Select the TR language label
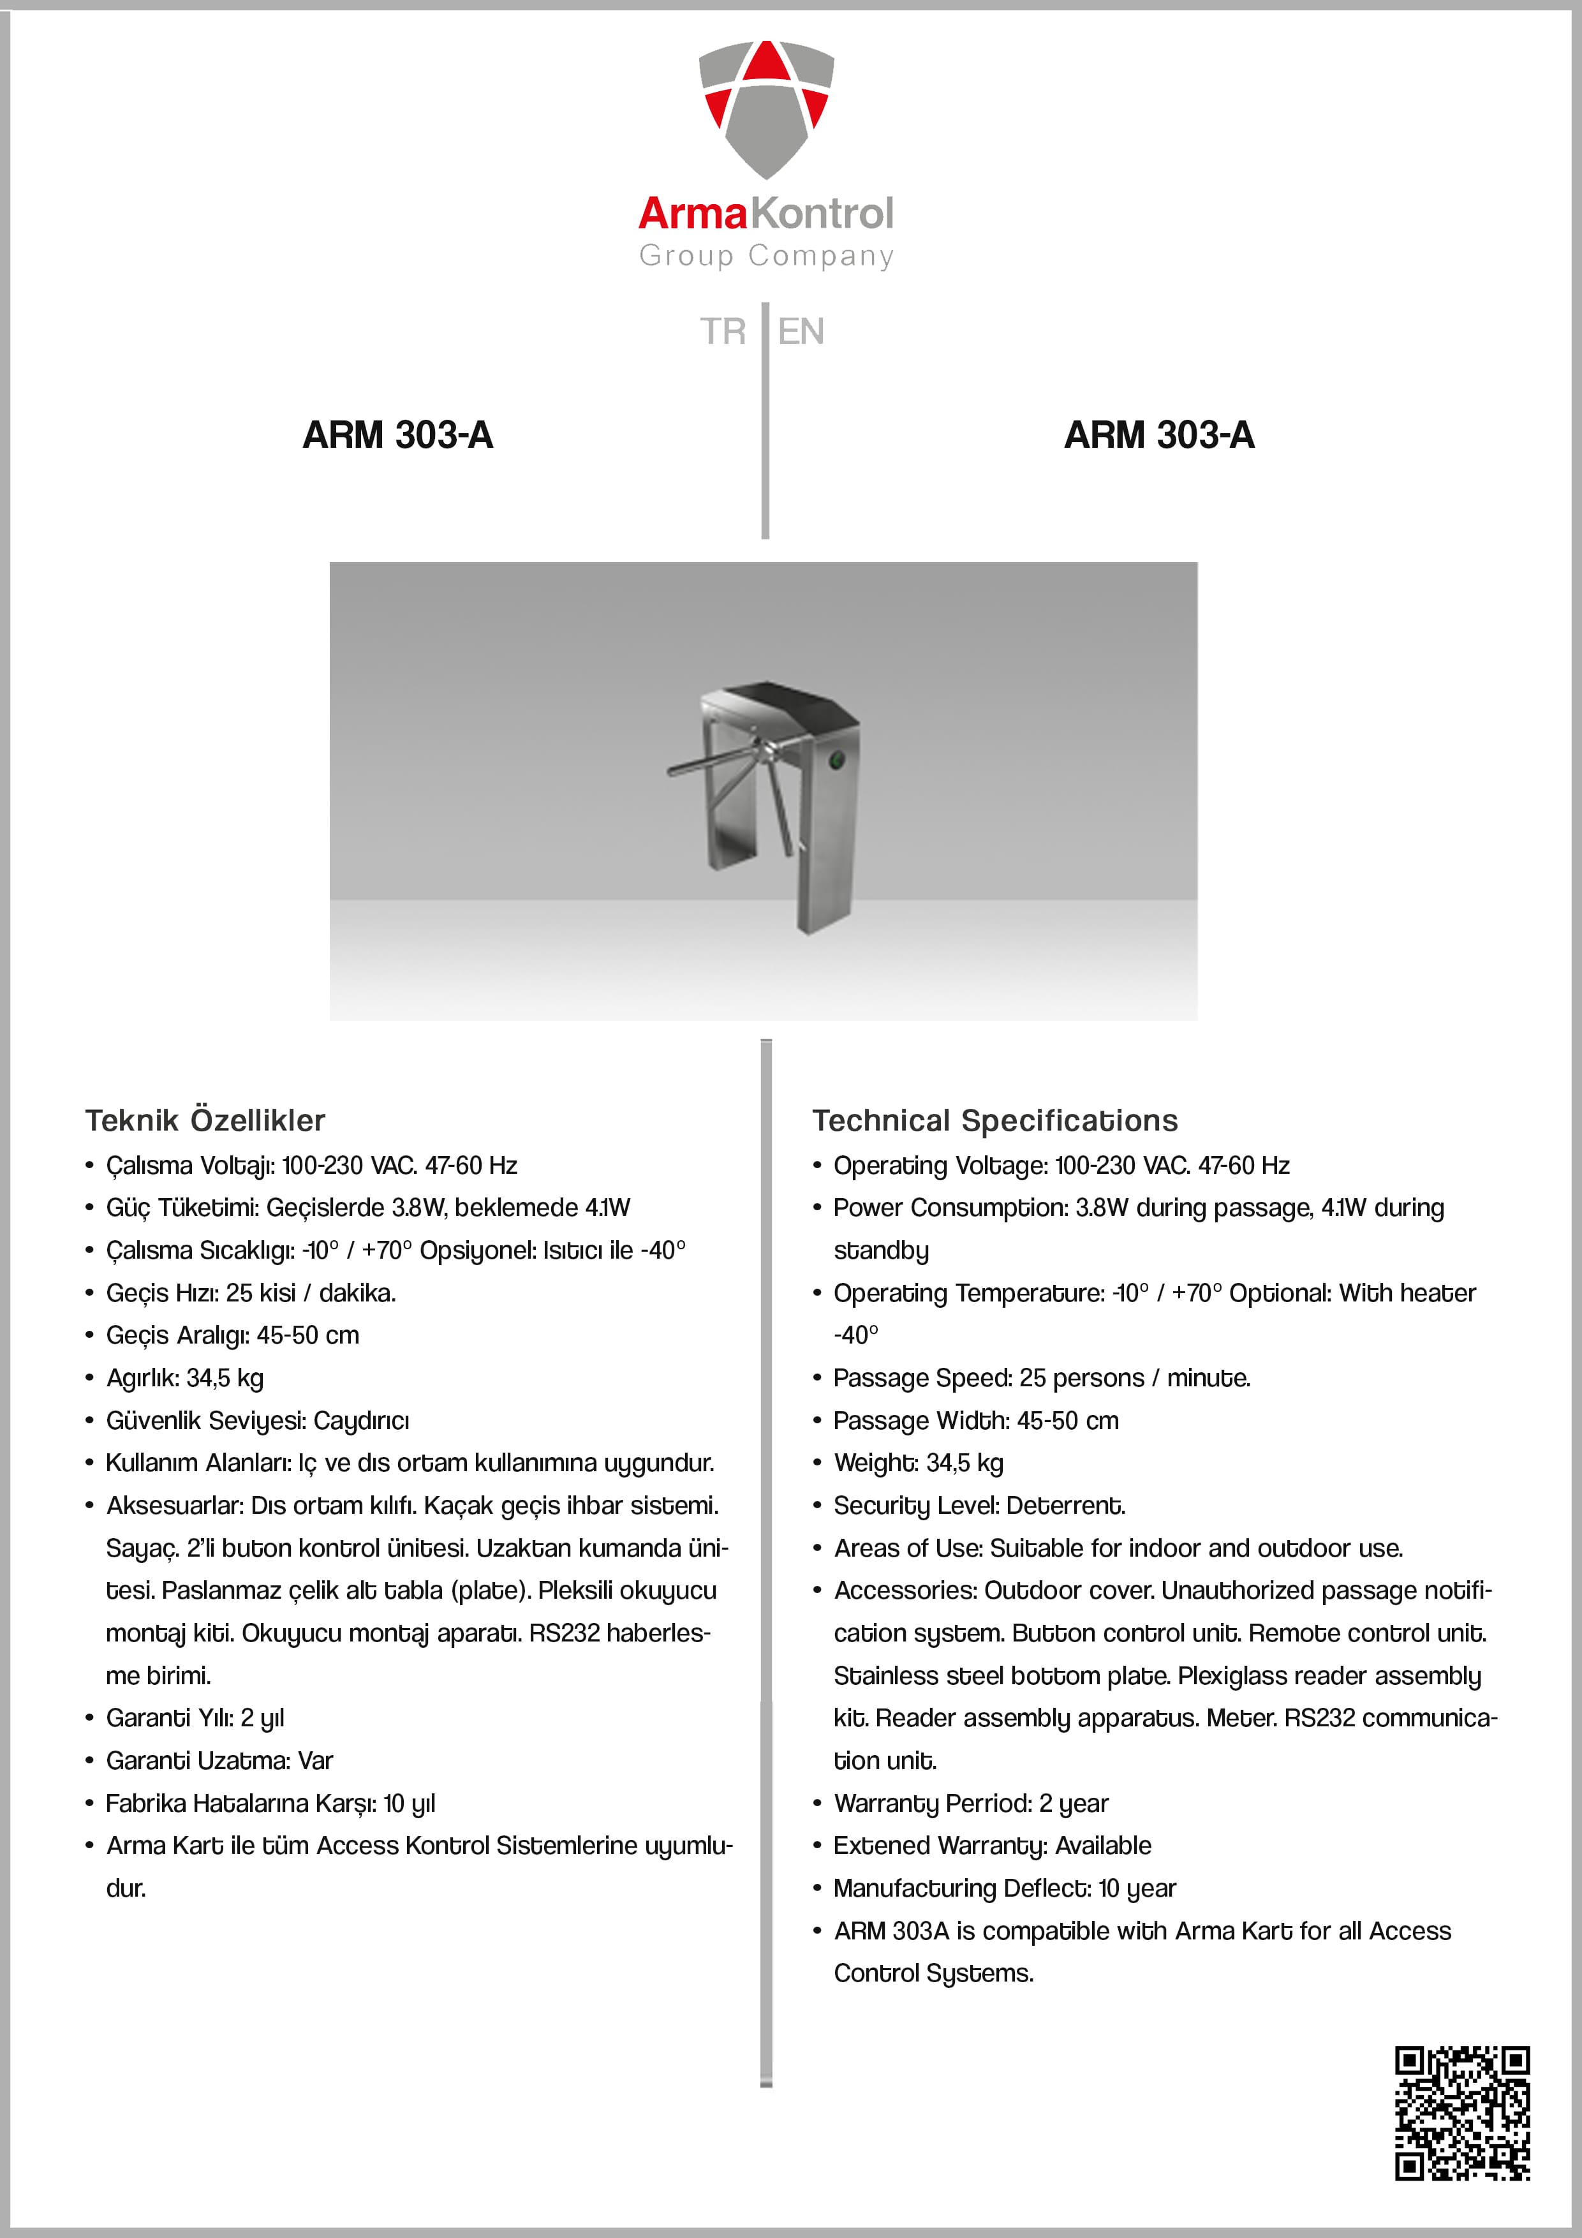pyautogui.click(x=722, y=331)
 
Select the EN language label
pyautogui.click(x=801, y=331)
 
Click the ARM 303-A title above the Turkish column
pyautogui.click(x=397, y=434)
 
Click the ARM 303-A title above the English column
pyautogui.click(x=1159, y=434)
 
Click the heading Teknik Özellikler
pyautogui.click(x=205, y=1121)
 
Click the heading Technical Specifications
pyautogui.click(x=995, y=1121)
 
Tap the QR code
pyautogui.click(x=1462, y=2113)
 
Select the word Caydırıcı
pyautogui.click(x=362, y=1421)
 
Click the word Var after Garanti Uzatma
pyautogui.click(x=316, y=1761)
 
